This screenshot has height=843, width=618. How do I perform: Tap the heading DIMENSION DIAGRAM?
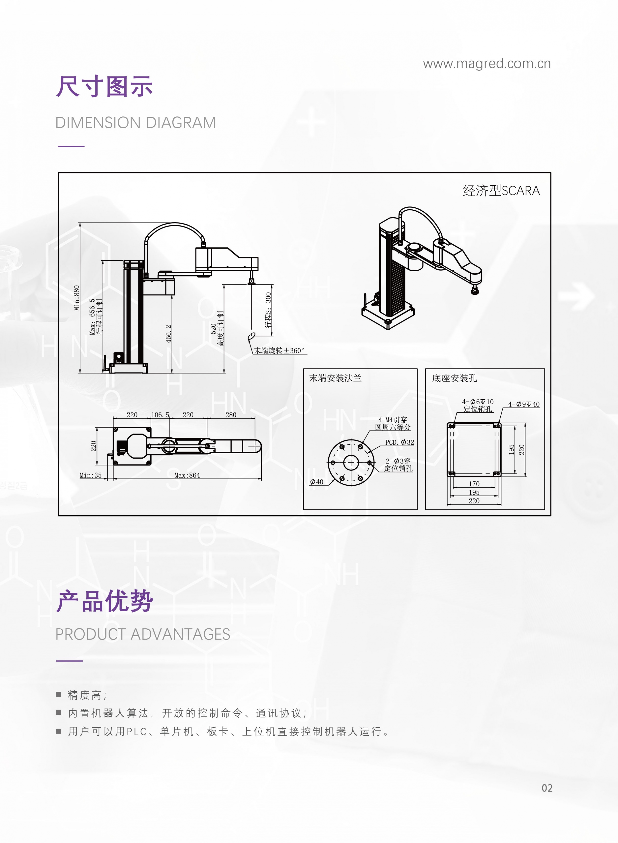pos(136,123)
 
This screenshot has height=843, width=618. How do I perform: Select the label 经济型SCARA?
pos(501,191)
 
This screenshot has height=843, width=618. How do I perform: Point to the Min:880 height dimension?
pos(77,298)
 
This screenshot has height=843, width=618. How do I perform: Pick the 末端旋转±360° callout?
pos(279,350)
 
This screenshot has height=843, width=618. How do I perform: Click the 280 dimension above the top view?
pos(231,414)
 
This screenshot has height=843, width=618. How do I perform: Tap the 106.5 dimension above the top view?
pos(160,414)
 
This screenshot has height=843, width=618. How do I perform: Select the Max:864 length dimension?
pos(187,475)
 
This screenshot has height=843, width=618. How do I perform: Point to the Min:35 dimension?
pos(91,475)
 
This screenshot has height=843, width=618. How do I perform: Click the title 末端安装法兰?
pos(335,378)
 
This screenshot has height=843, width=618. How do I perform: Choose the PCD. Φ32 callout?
pos(400,442)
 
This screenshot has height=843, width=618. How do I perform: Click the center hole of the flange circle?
pos(351,463)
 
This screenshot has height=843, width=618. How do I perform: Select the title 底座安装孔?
pos(454,378)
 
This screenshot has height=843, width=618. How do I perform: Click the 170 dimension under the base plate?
pos(474,484)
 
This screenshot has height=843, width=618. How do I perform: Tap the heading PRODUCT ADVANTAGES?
pos(142,634)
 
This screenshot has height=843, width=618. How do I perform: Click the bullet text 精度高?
pos(85,695)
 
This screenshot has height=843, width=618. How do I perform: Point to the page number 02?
pos(547,788)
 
